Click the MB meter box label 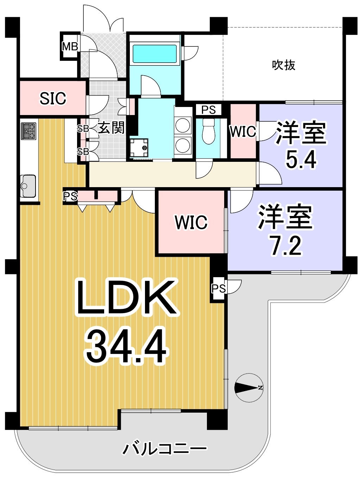(70, 46)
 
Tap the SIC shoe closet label (53, 98)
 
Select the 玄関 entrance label (111, 127)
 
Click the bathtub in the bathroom (154, 54)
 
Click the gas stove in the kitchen (29, 131)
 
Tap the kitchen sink (28, 186)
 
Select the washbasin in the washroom (139, 147)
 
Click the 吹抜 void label (284, 65)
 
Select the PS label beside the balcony (219, 288)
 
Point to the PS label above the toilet (208, 110)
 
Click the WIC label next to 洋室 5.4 (243, 131)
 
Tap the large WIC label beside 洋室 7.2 (191, 222)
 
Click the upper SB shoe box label (83, 129)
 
